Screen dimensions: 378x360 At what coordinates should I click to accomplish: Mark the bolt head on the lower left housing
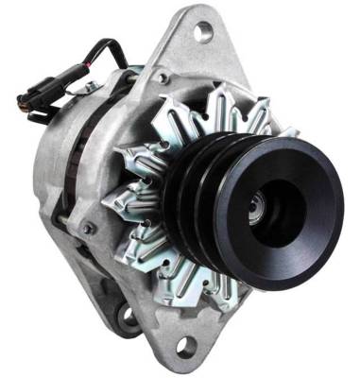89,228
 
